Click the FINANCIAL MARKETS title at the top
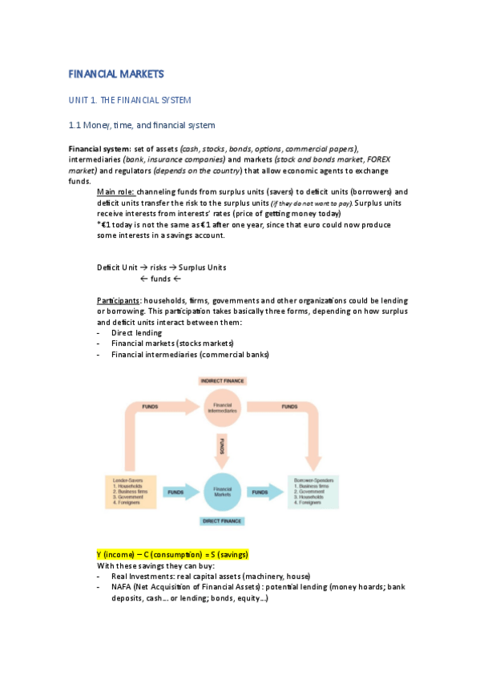116,74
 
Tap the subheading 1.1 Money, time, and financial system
142,125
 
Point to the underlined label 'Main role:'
115,192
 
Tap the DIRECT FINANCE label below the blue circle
222,521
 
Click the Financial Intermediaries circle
223,408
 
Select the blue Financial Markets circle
223,492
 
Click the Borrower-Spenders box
313,492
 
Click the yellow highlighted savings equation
172,554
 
